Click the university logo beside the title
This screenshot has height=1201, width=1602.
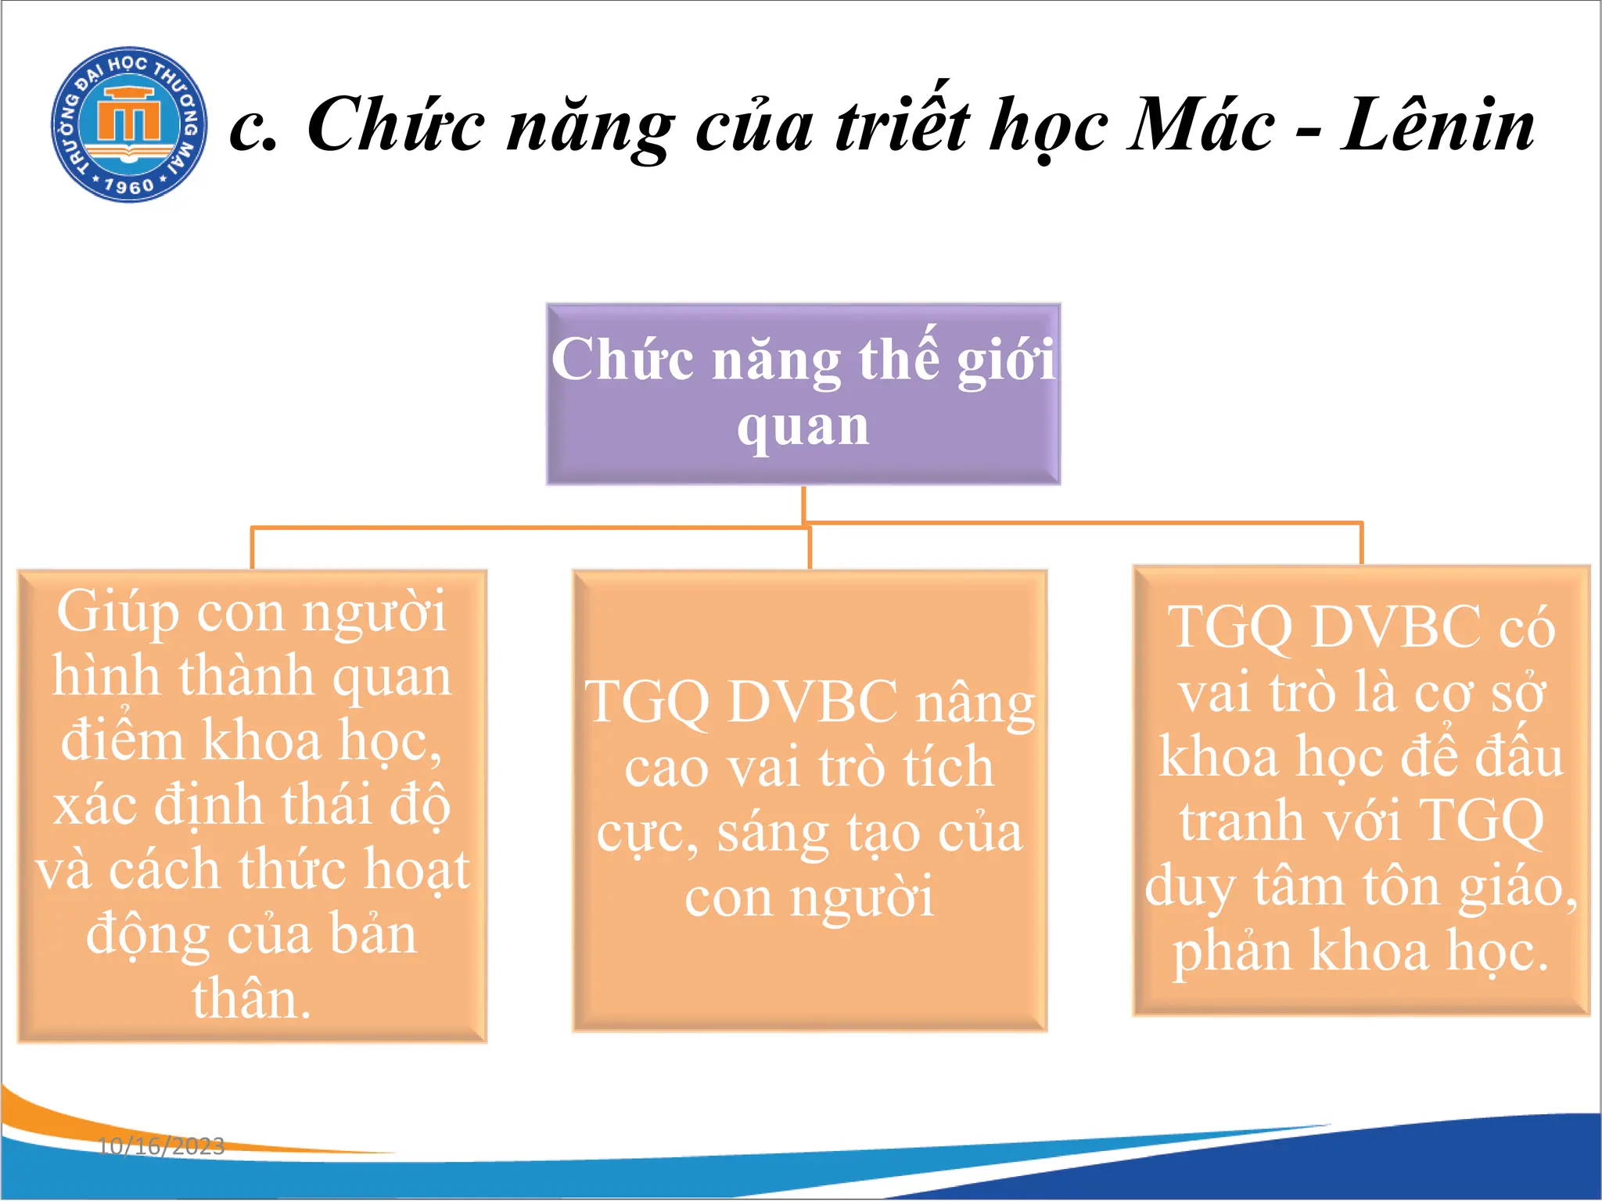pos(129,124)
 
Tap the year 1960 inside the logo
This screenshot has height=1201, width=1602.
pos(129,186)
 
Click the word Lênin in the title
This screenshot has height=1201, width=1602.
pos(1438,125)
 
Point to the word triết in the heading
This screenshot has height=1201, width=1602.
pos(903,125)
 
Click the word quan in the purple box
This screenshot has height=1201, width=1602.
pos(803,427)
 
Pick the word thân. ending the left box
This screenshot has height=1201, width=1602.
pos(252,999)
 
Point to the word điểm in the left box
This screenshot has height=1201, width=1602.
pos(124,740)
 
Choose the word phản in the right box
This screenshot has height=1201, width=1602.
pos(1232,952)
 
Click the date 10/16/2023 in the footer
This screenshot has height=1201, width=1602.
pos(161,1146)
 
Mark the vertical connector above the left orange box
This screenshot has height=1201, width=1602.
pos(252,548)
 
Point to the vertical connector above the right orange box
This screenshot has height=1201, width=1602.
pos(1362,543)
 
